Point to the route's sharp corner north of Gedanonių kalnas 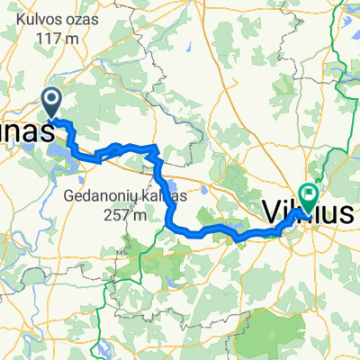(x=157, y=147)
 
